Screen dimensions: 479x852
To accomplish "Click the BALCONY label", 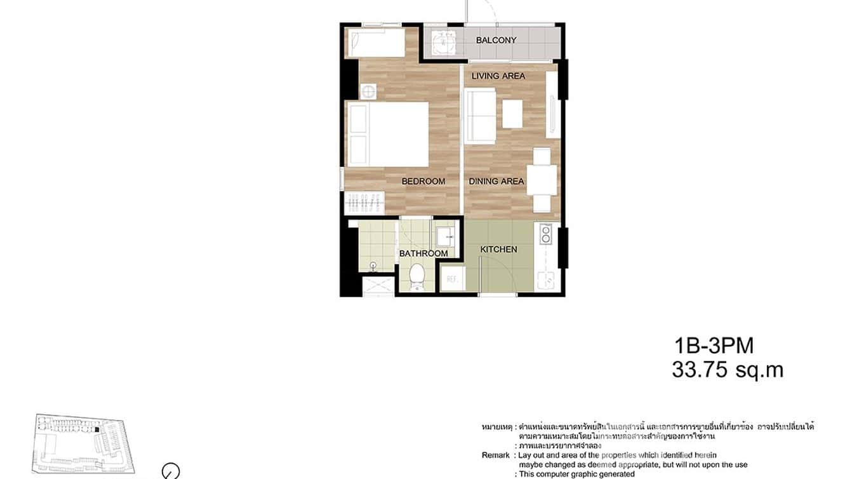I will (x=496, y=40).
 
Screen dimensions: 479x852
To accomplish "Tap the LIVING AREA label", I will (x=498, y=76).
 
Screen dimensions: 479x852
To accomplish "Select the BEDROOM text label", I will (x=423, y=182).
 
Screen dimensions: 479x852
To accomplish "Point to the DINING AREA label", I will (x=496, y=182).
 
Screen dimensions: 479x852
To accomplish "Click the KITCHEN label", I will (x=498, y=250).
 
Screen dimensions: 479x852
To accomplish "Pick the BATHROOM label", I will (x=423, y=253).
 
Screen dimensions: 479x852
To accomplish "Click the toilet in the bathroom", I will (x=417, y=276).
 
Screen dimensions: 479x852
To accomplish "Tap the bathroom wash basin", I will (x=444, y=238).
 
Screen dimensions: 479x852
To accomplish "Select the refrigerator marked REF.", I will (x=453, y=279).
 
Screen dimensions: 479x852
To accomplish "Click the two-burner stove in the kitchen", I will (x=545, y=236).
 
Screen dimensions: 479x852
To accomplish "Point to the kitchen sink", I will (x=545, y=279).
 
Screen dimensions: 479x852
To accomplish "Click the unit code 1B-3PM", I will (x=714, y=346).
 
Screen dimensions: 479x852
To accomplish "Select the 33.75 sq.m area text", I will (x=728, y=370).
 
